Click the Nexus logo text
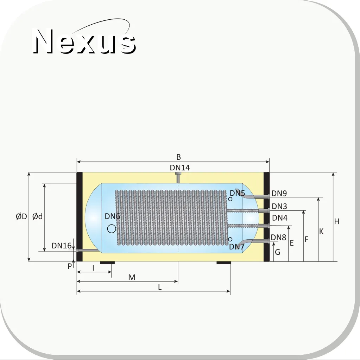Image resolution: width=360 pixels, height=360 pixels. point(84,41)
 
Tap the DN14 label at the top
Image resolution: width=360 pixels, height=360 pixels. point(180,168)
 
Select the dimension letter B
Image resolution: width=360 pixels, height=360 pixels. point(179,157)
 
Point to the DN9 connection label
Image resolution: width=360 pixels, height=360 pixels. point(279,193)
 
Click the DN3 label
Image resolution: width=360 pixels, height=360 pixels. point(279,207)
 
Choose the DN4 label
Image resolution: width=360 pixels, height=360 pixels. point(280,217)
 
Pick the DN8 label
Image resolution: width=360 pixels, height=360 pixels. point(278,237)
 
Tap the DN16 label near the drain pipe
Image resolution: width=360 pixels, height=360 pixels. point(62,246)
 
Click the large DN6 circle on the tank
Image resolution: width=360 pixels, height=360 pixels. point(112,229)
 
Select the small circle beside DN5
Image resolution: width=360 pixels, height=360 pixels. point(230,199)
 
